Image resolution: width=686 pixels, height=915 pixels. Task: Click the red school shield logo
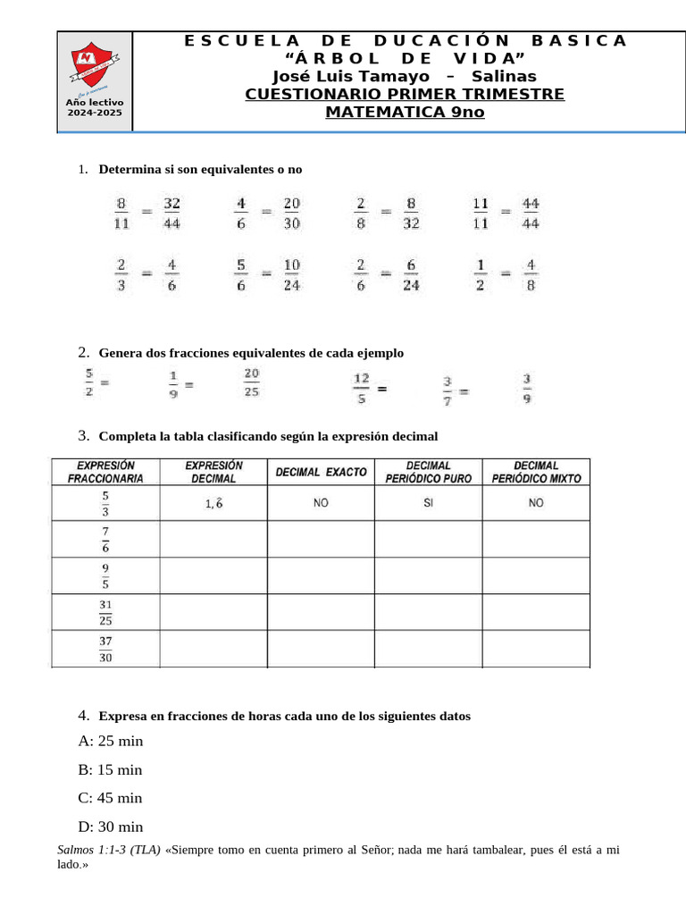click(94, 66)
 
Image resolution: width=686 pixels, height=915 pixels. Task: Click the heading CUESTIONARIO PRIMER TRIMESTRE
click(405, 94)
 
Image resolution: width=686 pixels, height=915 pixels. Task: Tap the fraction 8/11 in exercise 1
click(121, 214)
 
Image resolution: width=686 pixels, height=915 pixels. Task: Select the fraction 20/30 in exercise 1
click(292, 214)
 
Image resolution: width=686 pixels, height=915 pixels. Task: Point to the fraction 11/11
click(481, 214)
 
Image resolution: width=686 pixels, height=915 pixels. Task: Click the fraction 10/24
click(292, 275)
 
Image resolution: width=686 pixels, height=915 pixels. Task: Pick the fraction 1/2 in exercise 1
click(481, 275)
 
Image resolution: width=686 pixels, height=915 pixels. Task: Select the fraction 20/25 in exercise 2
click(252, 382)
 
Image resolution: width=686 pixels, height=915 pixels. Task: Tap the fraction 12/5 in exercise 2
click(361, 388)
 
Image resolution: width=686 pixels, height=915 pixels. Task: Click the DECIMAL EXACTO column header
click(321, 472)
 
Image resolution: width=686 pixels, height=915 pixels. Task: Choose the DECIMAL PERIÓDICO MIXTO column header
click(536, 472)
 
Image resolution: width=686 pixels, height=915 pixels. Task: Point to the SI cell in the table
click(428, 503)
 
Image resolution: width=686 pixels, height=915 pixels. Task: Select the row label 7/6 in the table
click(105, 540)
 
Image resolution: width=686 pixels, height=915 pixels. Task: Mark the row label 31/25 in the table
click(105, 612)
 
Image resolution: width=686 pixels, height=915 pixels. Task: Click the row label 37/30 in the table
click(105, 650)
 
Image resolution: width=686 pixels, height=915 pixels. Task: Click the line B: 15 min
click(111, 769)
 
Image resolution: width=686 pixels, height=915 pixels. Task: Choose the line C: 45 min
click(111, 798)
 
